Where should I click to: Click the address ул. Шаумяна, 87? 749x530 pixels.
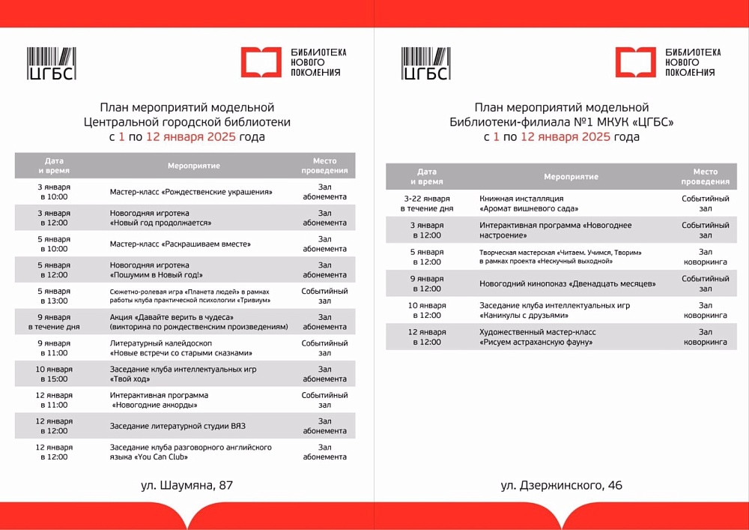[187, 485]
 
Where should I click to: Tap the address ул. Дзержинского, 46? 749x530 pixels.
[561, 485]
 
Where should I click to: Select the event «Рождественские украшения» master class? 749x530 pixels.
[190, 192]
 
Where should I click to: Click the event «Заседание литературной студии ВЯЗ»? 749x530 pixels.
[178, 426]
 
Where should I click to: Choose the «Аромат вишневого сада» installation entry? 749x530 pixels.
[529, 203]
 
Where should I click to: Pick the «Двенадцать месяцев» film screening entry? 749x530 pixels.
[567, 283]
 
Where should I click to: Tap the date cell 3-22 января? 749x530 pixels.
[426, 203]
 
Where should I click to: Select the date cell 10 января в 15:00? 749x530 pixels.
[53, 373]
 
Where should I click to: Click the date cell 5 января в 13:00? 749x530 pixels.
[53, 295]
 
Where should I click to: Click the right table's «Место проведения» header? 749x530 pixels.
[705, 176]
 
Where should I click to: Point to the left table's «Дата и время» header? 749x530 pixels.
[54, 165]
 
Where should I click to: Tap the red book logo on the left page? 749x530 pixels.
[261, 62]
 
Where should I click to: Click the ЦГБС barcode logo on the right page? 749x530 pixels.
[425, 63]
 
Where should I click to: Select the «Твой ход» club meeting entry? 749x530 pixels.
[183, 373]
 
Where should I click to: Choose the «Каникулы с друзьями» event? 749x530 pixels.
[554, 310]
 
